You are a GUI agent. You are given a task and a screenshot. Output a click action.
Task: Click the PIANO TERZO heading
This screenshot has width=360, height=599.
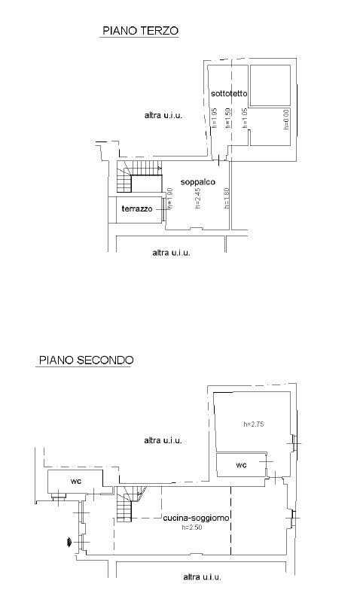[140, 31]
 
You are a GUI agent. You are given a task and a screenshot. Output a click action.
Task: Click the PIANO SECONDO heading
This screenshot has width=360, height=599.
[87, 360]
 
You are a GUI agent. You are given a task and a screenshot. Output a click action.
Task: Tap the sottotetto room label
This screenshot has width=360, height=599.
[229, 93]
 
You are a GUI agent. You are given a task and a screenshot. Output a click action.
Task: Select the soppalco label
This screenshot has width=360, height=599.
[197, 182]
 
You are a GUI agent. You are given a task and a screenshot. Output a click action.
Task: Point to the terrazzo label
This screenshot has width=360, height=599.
[137, 208]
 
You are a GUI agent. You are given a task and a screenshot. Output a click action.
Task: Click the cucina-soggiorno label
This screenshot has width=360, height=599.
[197, 518]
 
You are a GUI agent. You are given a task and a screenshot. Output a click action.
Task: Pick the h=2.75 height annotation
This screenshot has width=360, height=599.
[254, 424]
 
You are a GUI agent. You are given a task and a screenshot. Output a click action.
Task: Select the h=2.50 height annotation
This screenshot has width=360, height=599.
[192, 528]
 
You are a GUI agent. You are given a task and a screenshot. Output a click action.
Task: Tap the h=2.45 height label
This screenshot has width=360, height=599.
[197, 198]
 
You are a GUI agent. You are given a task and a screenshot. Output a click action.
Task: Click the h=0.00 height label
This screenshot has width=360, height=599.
[286, 119]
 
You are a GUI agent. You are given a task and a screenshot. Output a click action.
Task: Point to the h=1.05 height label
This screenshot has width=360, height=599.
[245, 118]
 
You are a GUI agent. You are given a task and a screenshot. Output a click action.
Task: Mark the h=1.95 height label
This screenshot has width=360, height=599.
[214, 118]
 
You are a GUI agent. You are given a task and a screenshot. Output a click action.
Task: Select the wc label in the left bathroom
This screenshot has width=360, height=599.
[76, 481]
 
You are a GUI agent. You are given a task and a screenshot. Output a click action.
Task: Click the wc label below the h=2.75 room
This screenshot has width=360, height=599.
[242, 465]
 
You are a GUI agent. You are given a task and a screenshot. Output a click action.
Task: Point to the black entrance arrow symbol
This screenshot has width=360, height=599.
[69, 542]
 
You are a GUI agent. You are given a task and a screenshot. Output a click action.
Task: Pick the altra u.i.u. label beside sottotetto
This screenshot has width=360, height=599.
[163, 115]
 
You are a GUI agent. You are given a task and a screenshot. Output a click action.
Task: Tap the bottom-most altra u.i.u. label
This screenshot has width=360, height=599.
[202, 576]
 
